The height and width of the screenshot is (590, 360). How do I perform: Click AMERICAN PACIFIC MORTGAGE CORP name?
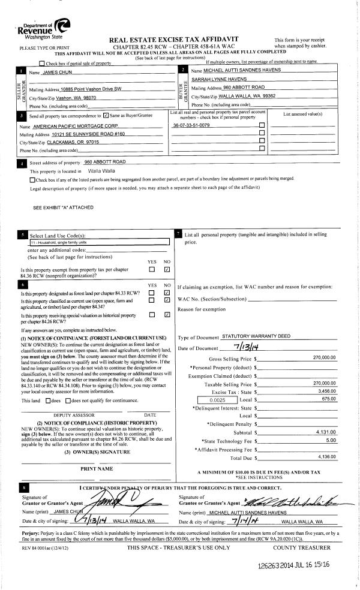point(80,127)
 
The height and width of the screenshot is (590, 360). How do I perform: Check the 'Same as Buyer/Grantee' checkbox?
point(106,115)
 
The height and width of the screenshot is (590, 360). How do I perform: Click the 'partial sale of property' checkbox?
point(41,64)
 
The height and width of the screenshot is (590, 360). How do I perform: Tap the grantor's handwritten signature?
point(112,496)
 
